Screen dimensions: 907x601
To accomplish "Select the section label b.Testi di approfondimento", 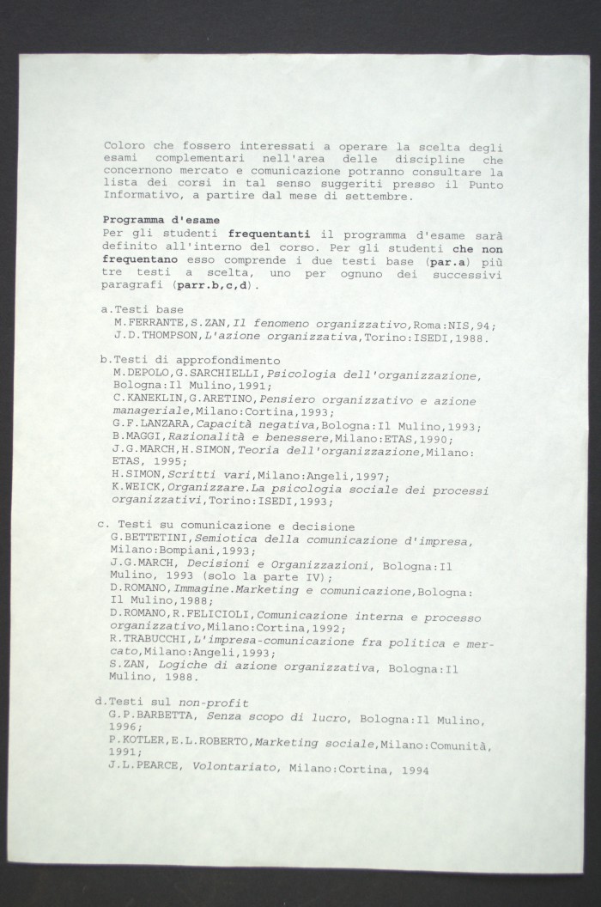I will point(190,360).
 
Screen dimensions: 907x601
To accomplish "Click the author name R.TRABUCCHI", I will point(144,641).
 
